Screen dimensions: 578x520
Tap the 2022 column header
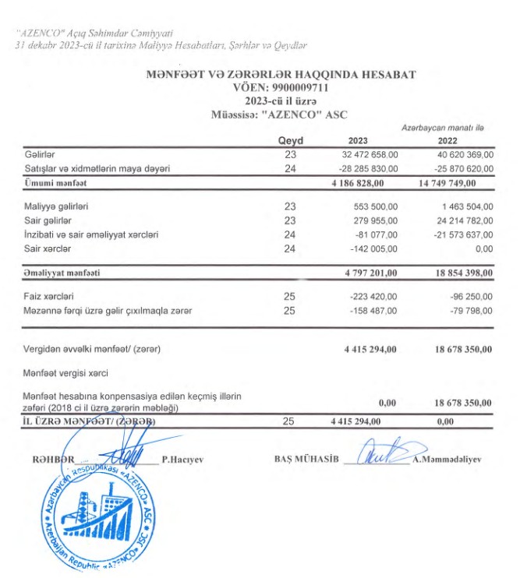click(447, 141)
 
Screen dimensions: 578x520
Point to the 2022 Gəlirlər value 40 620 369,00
click(457, 155)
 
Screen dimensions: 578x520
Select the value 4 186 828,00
click(360, 182)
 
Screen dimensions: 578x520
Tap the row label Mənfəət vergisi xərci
click(66, 373)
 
